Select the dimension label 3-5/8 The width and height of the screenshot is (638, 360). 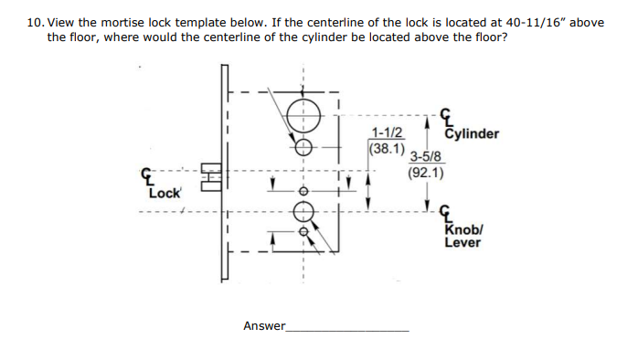(426, 156)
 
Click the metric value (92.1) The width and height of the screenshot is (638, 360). (426, 171)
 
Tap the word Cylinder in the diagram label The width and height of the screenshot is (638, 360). (472, 133)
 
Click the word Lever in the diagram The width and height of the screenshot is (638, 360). (463, 243)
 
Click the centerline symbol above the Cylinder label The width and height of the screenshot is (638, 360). (447, 116)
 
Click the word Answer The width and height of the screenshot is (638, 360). (263, 325)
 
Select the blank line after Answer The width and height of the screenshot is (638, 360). (347, 329)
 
